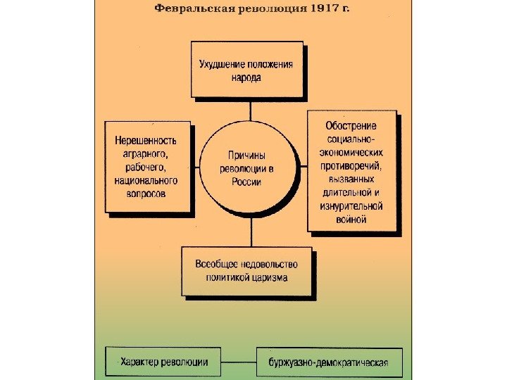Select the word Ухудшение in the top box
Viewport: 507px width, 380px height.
point(220,65)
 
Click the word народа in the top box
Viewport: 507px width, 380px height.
point(246,78)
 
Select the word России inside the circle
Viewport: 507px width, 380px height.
point(246,182)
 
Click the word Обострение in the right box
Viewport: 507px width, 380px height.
point(351,126)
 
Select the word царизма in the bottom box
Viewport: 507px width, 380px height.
point(270,278)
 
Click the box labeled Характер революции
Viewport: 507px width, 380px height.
point(163,362)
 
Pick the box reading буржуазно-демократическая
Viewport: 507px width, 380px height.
point(329,363)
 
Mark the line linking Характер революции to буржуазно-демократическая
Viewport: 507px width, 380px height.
point(238,363)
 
